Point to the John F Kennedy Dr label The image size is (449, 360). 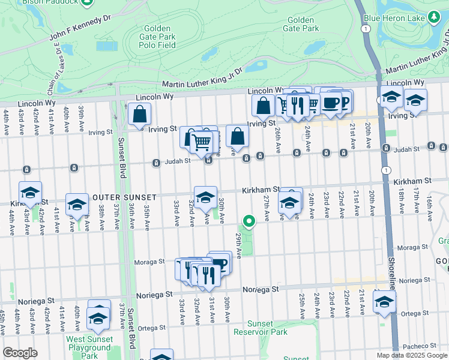point(80,28)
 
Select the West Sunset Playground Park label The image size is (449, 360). point(89,347)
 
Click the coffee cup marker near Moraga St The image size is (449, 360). point(220,263)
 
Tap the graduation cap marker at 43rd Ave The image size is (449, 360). point(30,193)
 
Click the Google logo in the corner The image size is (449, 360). point(20,353)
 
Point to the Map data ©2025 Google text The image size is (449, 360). point(411,355)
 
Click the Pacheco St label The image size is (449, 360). point(421,346)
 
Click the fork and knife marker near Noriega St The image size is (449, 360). point(208,275)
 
